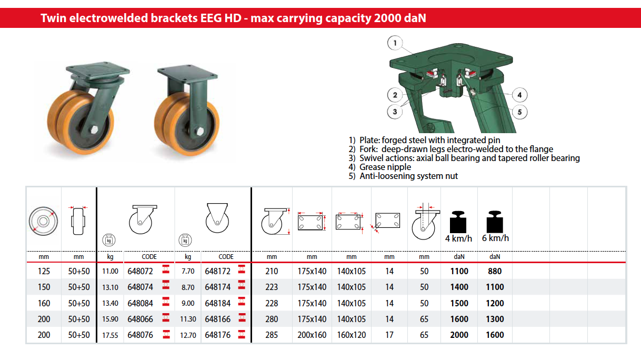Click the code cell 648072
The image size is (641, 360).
coord(140,271)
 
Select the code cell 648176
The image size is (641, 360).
coord(217,335)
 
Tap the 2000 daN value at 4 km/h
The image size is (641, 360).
coord(459,335)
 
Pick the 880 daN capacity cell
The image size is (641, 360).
coord(495,271)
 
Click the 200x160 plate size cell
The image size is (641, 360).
coord(312,335)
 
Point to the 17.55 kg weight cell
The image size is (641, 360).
coord(110,335)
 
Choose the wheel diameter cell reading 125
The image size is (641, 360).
coord(44,271)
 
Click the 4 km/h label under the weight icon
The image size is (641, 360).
coord(458,238)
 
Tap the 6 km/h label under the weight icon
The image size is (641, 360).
coord(495,238)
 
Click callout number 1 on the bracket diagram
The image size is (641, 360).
coord(395,43)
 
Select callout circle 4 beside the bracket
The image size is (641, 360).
coord(519,95)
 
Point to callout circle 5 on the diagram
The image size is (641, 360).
coord(519,112)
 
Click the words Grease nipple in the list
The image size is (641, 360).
coord(385,167)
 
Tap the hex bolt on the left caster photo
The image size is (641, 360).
coord(94,129)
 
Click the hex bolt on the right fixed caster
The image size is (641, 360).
coord(200,132)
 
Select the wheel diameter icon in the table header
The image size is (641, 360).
coord(43,221)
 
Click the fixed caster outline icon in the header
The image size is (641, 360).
coord(217,217)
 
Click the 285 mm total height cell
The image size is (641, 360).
coord(272,335)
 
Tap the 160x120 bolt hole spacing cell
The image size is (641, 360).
coord(352,335)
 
